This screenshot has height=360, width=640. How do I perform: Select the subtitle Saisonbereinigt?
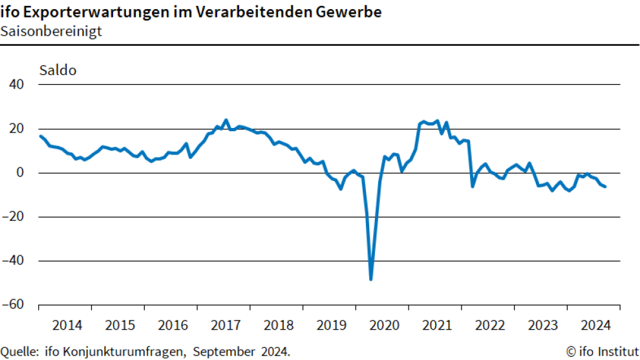click(x=51, y=31)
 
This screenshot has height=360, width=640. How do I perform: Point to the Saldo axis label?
click(x=58, y=70)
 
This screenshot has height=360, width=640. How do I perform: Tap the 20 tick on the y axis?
click(x=17, y=129)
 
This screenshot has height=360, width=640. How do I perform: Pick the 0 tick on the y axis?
click(x=21, y=173)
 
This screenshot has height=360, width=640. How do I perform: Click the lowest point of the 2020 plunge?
click(x=371, y=279)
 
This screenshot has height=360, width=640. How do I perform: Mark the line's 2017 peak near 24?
click(x=226, y=120)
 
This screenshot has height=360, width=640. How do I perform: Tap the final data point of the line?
click(x=605, y=187)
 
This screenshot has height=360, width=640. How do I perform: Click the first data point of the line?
click(x=40, y=136)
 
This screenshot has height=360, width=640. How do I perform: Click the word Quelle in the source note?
click(x=19, y=352)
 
